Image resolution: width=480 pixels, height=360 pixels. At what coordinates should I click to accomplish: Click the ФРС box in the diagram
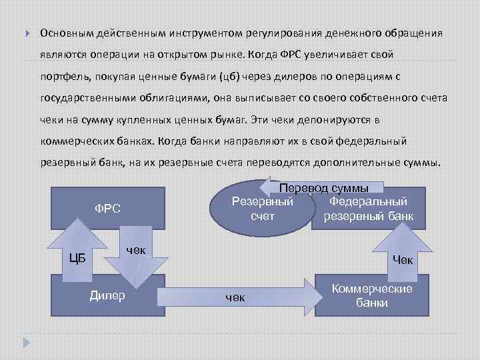pos(107,209)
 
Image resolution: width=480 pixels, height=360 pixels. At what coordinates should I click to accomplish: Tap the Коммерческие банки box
pos(371,295)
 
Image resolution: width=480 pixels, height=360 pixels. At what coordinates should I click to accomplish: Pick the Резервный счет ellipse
pos(262,208)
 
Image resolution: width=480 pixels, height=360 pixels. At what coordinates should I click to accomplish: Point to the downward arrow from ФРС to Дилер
pos(137,257)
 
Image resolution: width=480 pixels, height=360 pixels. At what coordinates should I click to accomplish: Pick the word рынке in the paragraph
pos(230,54)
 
